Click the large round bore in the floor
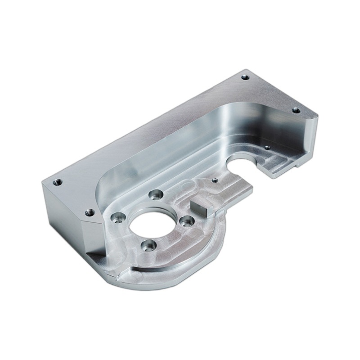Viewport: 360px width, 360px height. coord(152,223)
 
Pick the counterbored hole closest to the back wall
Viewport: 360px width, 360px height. coord(155,195)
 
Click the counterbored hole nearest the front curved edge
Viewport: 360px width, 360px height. coord(148,246)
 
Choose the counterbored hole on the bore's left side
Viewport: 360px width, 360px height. coord(117,217)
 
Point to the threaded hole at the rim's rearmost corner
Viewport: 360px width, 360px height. coord(245,77)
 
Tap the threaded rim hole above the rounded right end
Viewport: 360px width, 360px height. coord(296,110)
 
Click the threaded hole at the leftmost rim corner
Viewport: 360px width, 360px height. coord(57,182)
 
